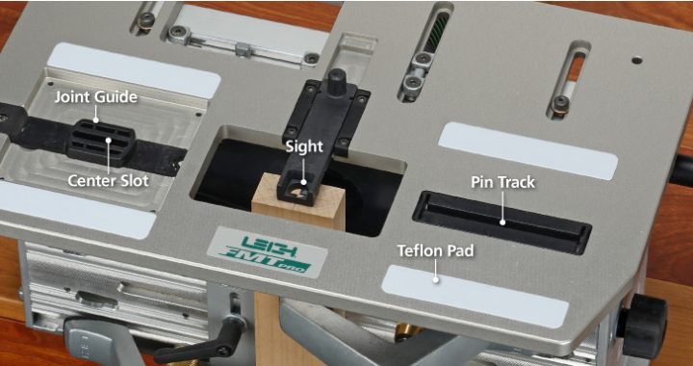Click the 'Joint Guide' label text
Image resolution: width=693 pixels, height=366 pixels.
pyautogui.click(x=96, y=97)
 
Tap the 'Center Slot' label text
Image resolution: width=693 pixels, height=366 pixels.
pyautogui.click(x=108, y=180)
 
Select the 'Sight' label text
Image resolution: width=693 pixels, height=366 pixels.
pyautogui.click(x=304, y=146)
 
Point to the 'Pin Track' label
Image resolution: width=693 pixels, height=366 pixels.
pyautogui.click(x=503, y=182)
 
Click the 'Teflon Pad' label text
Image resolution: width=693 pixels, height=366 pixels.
pyautogui.click(x=435, y=250)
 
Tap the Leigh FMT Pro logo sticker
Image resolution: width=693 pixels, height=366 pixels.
pyautogui.click(x=269, y=253)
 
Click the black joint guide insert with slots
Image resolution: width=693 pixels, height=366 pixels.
pyautogui.click(x=101, y=142)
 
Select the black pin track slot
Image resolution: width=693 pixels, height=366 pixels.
pyautogui.click(x=502, y=222)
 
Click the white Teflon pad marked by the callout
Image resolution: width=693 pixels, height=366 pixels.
pyautogui.click(x=475, y=296)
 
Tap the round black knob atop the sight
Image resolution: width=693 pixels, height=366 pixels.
pyautogui.click(x=336, y=82)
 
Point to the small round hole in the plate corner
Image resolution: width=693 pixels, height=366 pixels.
pyautogui.click(x=636, y=60)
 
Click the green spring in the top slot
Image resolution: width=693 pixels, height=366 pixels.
pyautogui.click(x=433, y=34)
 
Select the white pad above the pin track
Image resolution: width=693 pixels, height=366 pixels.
pyautogui.click(x=527, y=150)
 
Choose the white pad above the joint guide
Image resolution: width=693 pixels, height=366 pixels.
pyautogui.click(x=134, y=70)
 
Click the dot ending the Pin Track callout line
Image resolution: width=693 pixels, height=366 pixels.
pyautogui.click(x=502, y=222)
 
